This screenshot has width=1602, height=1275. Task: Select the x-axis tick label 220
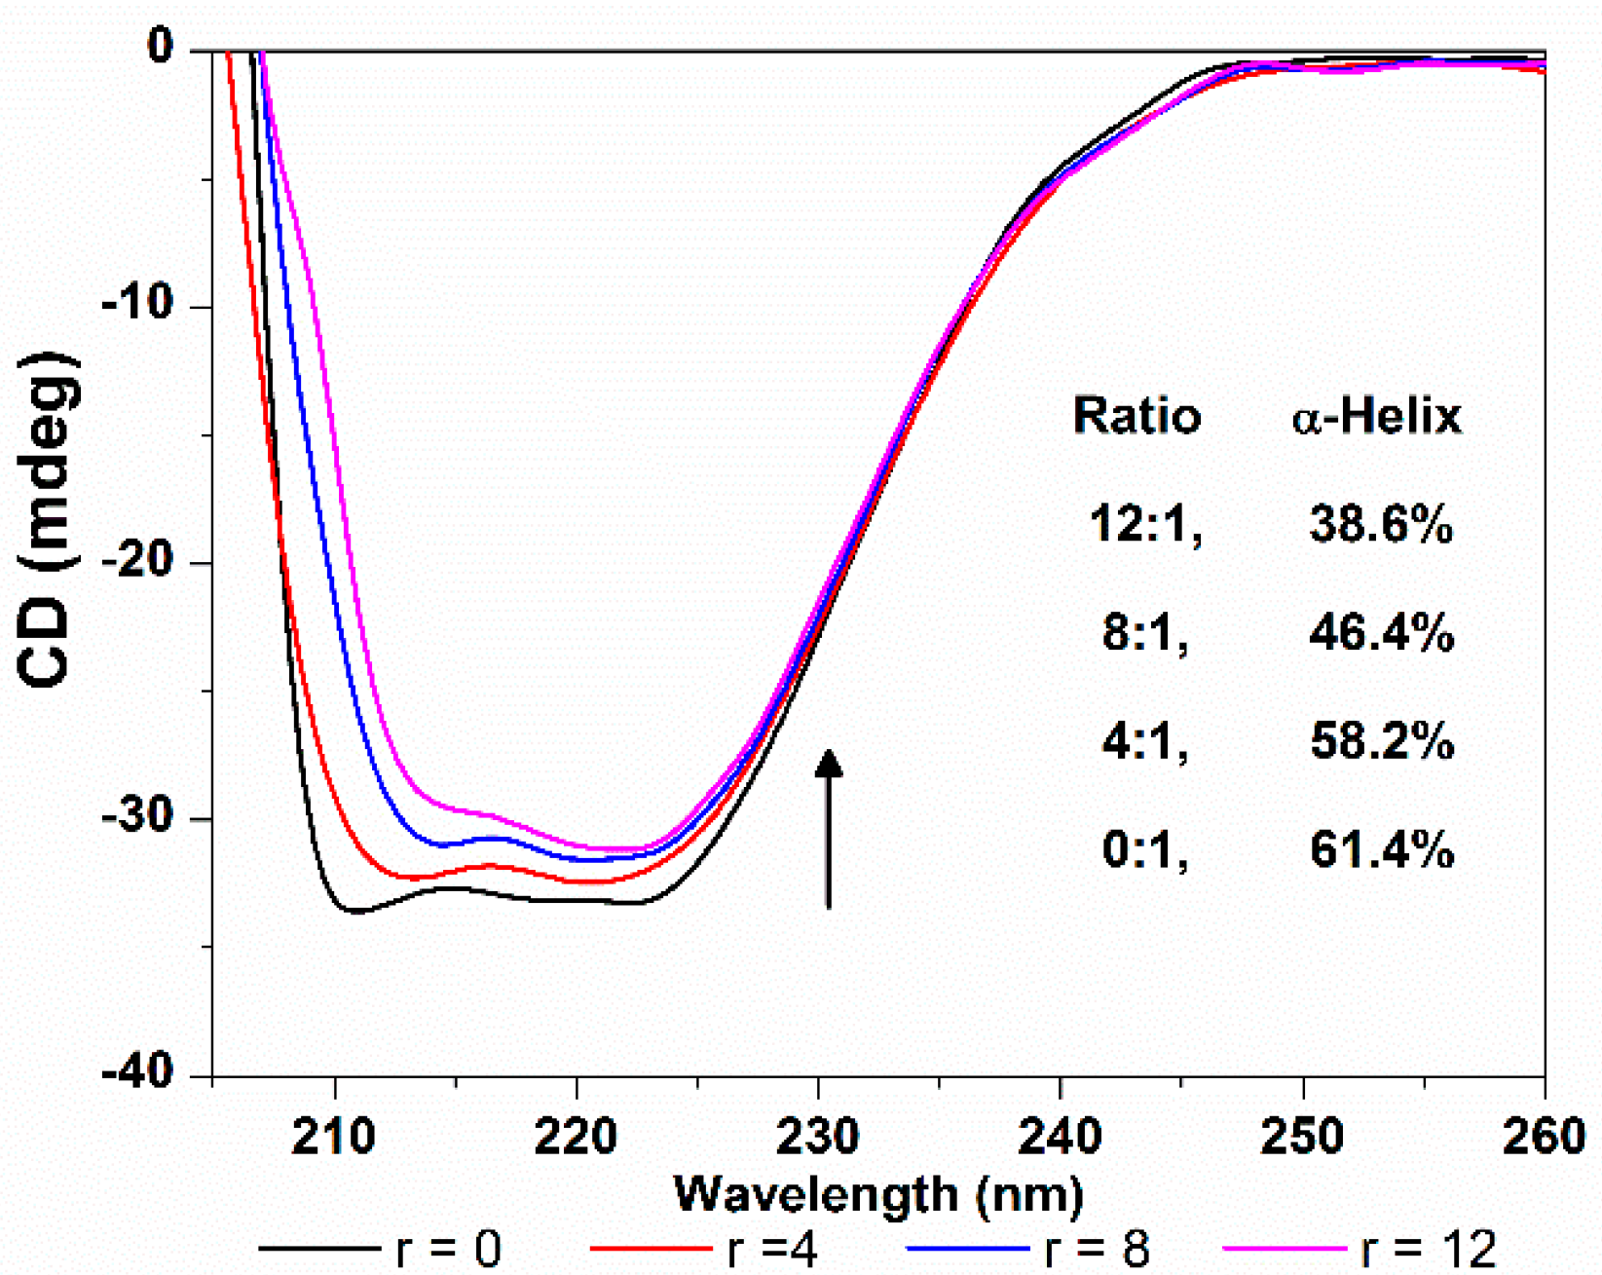pos(577,1136)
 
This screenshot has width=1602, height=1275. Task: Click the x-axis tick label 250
pos(1302,1136)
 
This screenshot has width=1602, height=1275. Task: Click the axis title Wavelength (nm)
pos(878,1194)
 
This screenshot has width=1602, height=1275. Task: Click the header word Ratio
pos(1136,416)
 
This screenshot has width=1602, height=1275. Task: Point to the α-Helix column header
pos(1377,416)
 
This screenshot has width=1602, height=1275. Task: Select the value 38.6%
pos(1381,525)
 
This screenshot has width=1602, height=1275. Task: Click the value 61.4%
pos(1381,850)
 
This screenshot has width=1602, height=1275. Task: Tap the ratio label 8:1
pos(1145,633)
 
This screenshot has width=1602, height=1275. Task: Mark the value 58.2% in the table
pos(1381,742)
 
